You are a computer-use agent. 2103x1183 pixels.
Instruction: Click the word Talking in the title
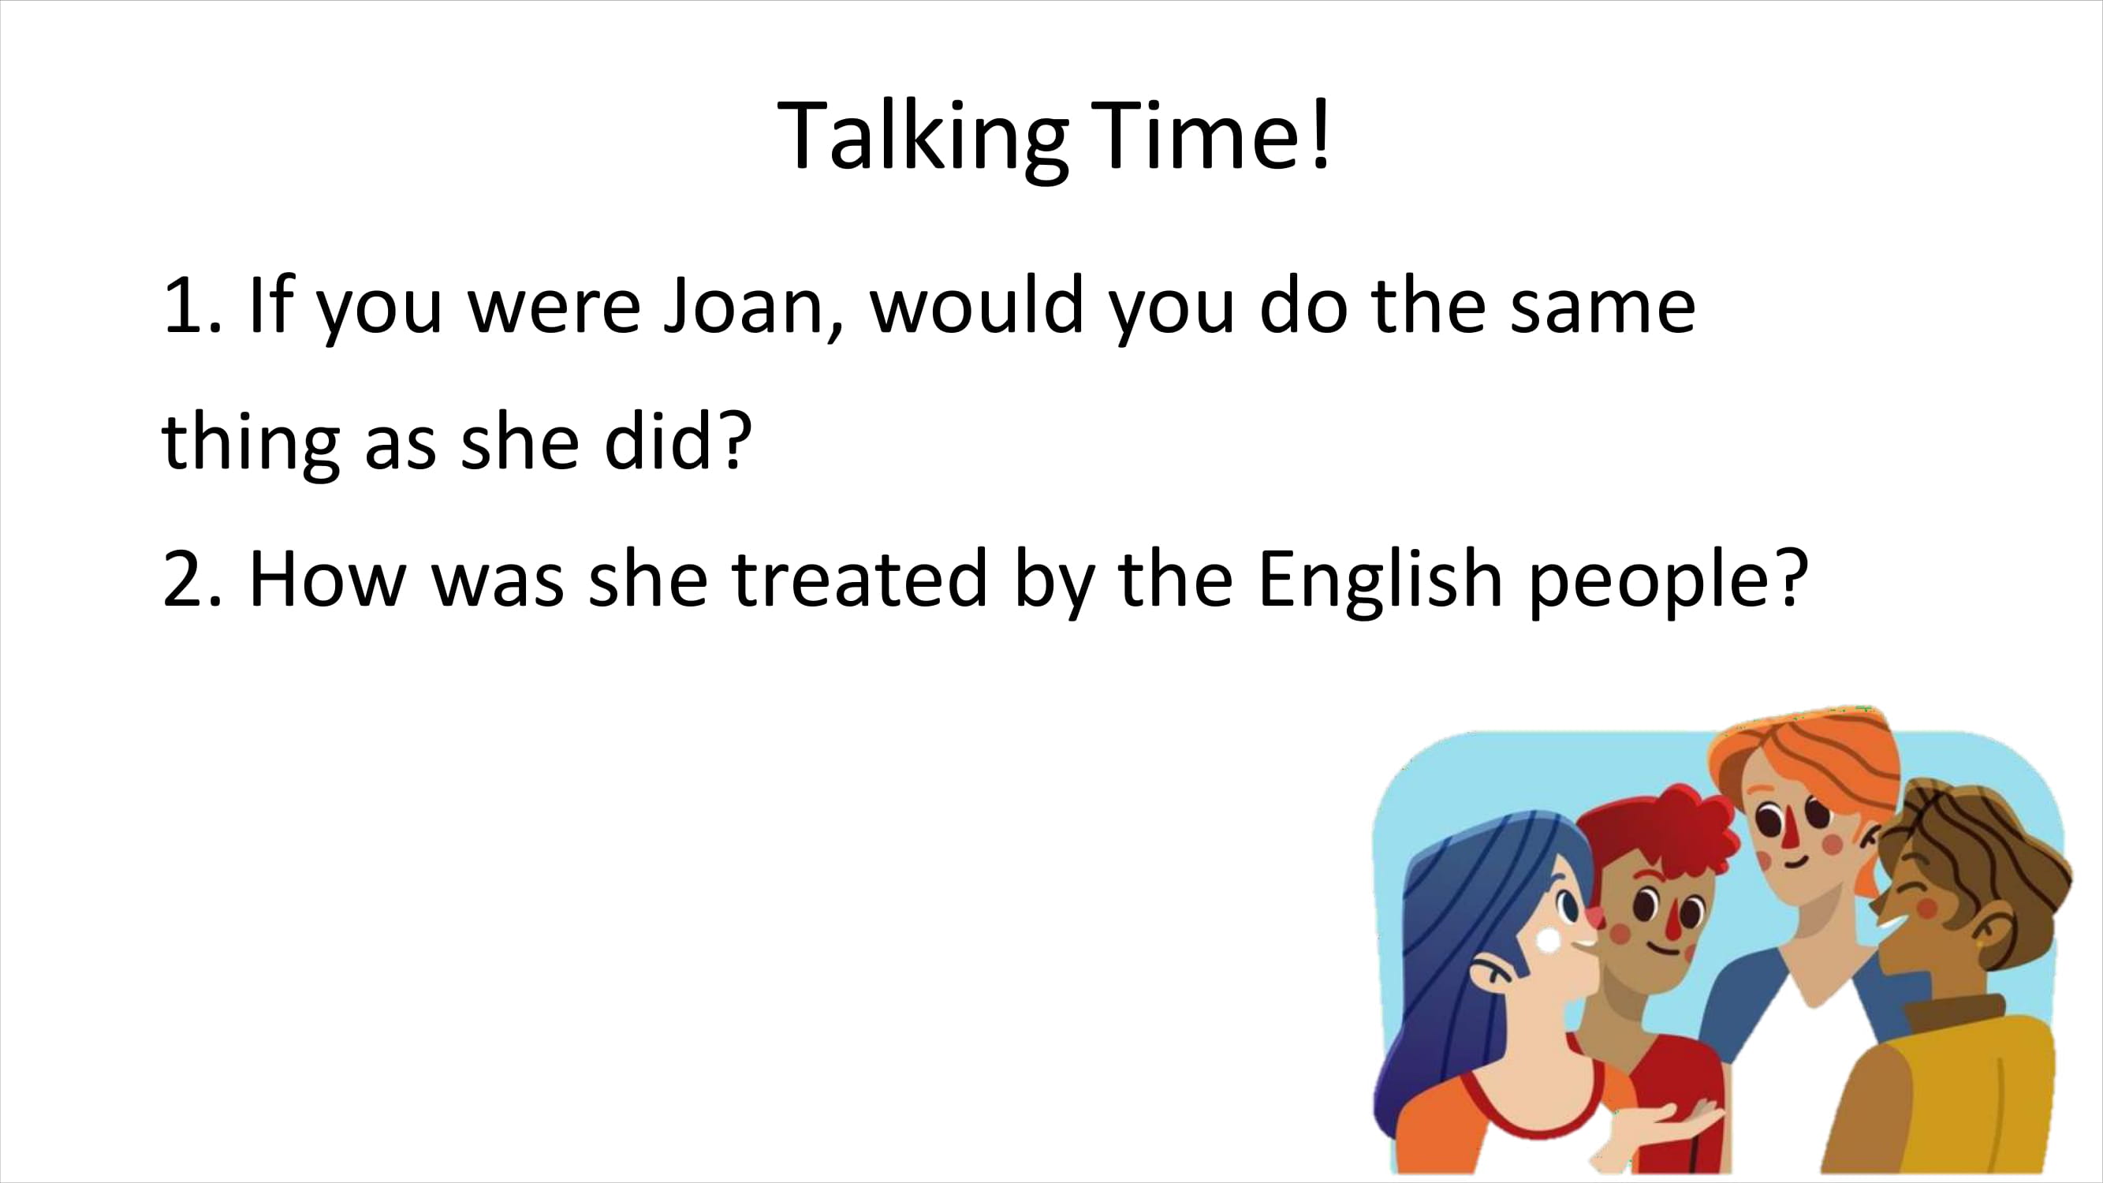[x=923, y=137]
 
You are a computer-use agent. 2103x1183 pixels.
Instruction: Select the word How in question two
[x=327, y=579]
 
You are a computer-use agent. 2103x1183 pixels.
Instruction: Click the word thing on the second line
[x=251, y=442]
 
